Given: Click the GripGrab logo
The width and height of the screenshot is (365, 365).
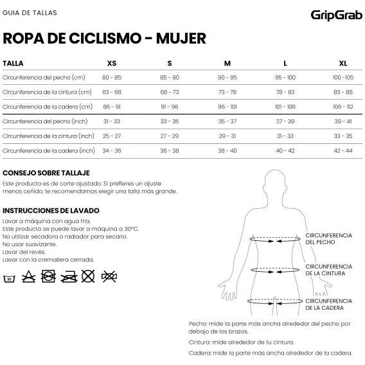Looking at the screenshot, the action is [336, 15].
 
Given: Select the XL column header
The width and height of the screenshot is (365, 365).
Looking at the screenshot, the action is [343, 64].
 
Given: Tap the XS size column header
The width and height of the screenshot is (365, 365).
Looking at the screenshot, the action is [112, 64].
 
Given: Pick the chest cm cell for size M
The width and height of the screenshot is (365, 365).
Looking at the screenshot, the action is [227, 77].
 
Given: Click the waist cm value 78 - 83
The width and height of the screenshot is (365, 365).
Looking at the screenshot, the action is [285, 92].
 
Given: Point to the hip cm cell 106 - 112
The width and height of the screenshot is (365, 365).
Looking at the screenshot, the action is [343, 107].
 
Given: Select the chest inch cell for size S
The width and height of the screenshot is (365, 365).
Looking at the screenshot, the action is [170, 121].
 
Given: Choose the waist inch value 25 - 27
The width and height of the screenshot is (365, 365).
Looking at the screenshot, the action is [112, 136].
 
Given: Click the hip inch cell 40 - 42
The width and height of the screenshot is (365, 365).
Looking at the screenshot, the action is [285, 150].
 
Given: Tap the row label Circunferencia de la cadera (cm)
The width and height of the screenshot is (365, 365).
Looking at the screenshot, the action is [48, 107].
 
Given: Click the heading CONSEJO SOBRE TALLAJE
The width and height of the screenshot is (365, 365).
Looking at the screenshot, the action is [46, 173].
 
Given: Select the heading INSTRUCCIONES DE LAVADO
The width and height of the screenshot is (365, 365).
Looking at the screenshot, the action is [51, 211].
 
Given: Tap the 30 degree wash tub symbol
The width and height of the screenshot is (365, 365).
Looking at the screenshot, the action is [9, 278].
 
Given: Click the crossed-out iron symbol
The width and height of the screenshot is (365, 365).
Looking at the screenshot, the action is [69, 277].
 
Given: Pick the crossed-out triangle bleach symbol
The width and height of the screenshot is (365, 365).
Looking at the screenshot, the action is [29, 276].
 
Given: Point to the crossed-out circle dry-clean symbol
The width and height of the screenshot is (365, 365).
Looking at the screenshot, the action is [88, 276].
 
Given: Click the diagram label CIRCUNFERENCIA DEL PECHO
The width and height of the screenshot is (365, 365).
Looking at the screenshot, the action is [328, 239].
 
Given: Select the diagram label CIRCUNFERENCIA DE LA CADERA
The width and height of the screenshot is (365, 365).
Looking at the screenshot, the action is [328, 304].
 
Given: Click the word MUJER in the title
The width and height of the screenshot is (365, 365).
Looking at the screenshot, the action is [181, 39].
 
